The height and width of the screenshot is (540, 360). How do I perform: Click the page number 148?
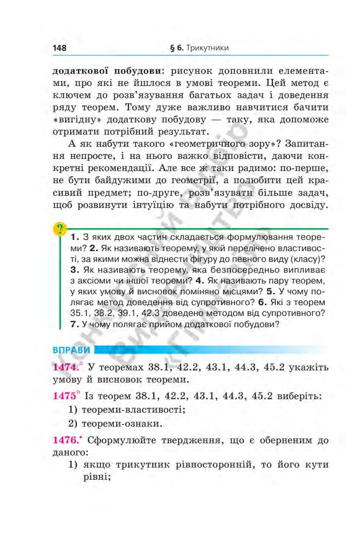[x=60, y=48]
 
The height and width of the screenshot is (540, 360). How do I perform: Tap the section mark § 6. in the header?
[x=176, y=48]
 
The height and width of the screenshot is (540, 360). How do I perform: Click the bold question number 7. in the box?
[x=75, y=323]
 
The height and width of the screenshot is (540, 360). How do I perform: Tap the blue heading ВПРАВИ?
[x=72, y=350]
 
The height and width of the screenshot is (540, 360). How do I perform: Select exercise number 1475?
[x=65, y=396]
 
